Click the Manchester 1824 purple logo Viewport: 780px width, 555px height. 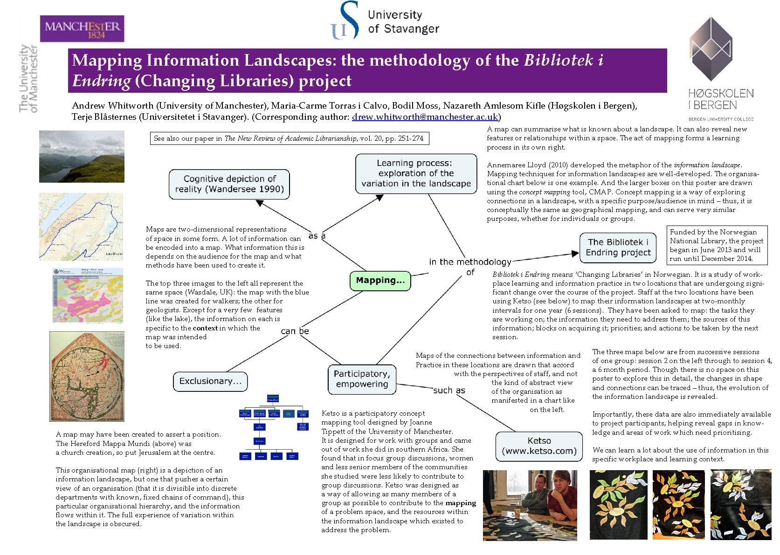pyautogui.click(x=82, y=29)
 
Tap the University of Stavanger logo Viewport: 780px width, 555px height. pyautogui.click(x=384, y=21)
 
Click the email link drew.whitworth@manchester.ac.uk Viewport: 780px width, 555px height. pyautogui.click(x=425, y=117)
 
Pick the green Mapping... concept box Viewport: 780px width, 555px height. pyautogui.click(x=380, y=281)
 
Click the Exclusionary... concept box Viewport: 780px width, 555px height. pyautogui.click(x=210, y=381)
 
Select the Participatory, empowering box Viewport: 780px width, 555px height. pyautogui.click(x=362, y=379)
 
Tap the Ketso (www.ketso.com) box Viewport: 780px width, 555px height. pyautogui.click(x=539, y=446)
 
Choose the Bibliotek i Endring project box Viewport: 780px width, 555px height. pyautogui.click(x=618, y=247)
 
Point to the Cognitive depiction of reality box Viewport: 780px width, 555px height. pyautogui.click(x=229, y=184)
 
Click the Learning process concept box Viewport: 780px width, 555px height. pyautogui.click(x=415, y=173)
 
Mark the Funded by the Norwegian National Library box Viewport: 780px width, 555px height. pyautogui.click(x=716, y=245)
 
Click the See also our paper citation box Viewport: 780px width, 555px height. pyautogui.click(x=289, y=138)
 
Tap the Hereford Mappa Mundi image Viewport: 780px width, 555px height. pyautogui.click(x=87, y=376)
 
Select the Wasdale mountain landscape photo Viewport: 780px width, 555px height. pyautogui.click(x=82, y=157)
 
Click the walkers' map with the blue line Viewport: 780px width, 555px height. pyautogui.click(x=81, y=226)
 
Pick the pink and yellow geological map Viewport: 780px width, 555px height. pyautogui.click(x=88, y=295)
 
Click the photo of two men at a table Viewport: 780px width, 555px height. pyautogui.click(x=530, y=505)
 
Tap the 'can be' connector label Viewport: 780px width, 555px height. pyautogui.click(x=295, y=331)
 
